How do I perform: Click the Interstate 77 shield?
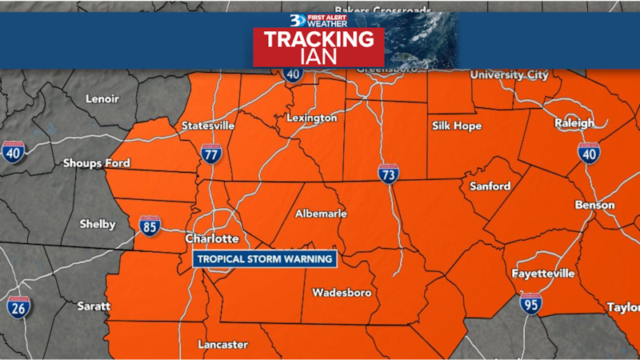[x=211, y=154]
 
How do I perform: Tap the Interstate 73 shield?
[x=389, y=174]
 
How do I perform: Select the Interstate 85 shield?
[x=149, y=225]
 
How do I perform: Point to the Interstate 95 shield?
[x=530, y=302]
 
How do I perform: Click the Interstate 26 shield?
[x=18, y=306]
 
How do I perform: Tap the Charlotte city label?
[x=212, y=239]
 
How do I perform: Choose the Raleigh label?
[x=574, y=123]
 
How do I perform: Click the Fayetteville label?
[x=543, y=274]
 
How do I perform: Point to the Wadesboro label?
[x=342, y=293]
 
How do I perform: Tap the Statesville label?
[x=208, y=126]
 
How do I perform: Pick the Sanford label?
[x=490, y=186]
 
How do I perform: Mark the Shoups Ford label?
[x=96, y=163]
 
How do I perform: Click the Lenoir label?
[x=102, y=99]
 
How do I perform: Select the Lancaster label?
[x=223, y=345]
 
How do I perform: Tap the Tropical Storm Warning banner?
[x=263, y=259]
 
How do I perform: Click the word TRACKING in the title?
[x=318, y=39]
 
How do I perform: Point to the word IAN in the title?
[x=318, y=58]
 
